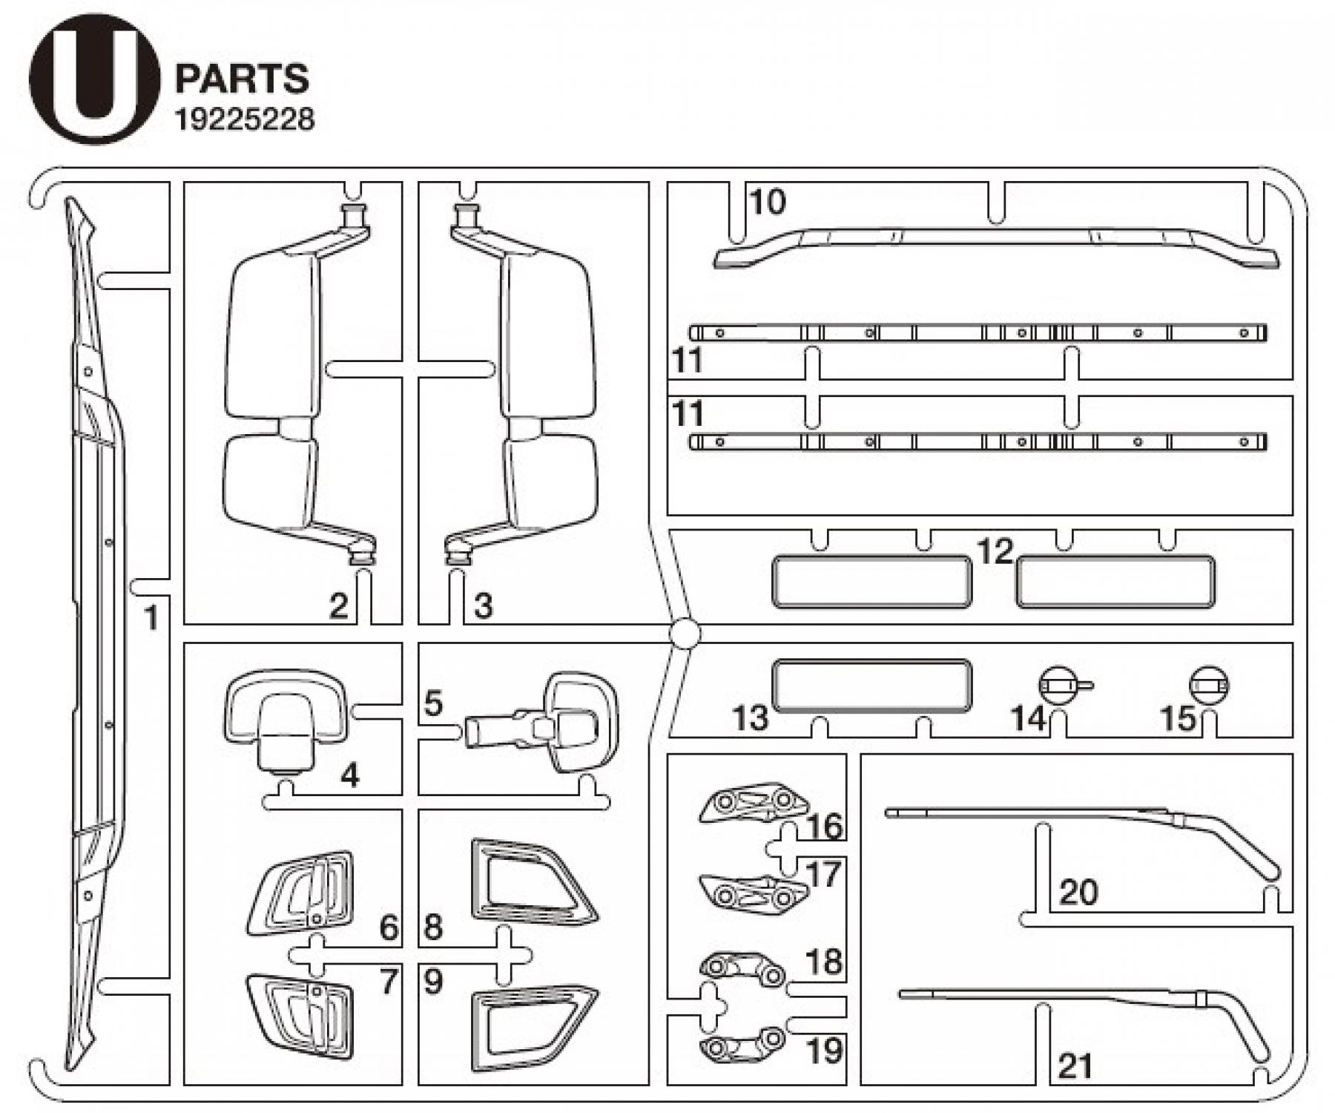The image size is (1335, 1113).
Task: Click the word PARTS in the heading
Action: (x=242, y=79)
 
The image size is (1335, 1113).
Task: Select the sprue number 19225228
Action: (x=244, y=119)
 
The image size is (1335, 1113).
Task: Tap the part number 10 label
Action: (x=767, y=202)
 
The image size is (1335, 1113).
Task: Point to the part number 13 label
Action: (x=750, y=718)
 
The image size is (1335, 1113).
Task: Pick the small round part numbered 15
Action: (x=1208, y=685)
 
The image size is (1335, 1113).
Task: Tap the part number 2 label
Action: (x=338, y=606)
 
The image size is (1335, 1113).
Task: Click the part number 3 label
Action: (x=483, y=606)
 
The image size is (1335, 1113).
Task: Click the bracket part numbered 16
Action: (x=754, y=803)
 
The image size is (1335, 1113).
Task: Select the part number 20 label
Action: (x=1078, y=892)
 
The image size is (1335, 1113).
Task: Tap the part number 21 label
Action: (x=1075, y=1066)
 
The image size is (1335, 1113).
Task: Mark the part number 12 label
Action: (x=995, y=551)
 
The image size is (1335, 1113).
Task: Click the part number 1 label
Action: (x=151, y=617)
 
